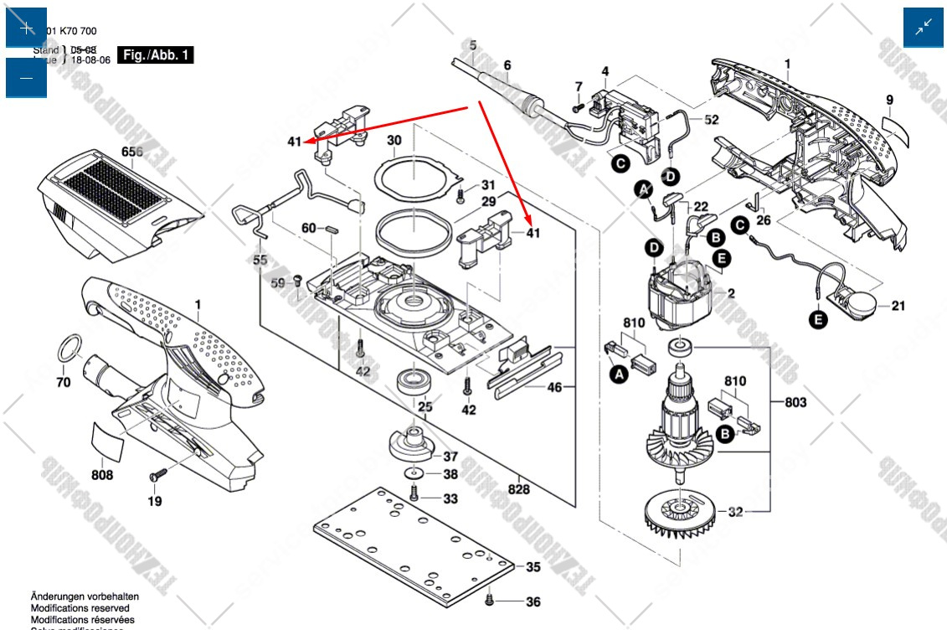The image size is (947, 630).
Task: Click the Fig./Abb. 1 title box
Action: point(157,55)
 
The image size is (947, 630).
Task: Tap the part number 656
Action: point(131,152)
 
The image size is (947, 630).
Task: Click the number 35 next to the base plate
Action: point(533,567)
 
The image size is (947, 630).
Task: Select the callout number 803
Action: point(795,403)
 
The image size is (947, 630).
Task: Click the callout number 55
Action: point(260,261)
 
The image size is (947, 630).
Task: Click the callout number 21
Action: point(898,306)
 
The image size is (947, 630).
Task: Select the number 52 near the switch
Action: point(711,120)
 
